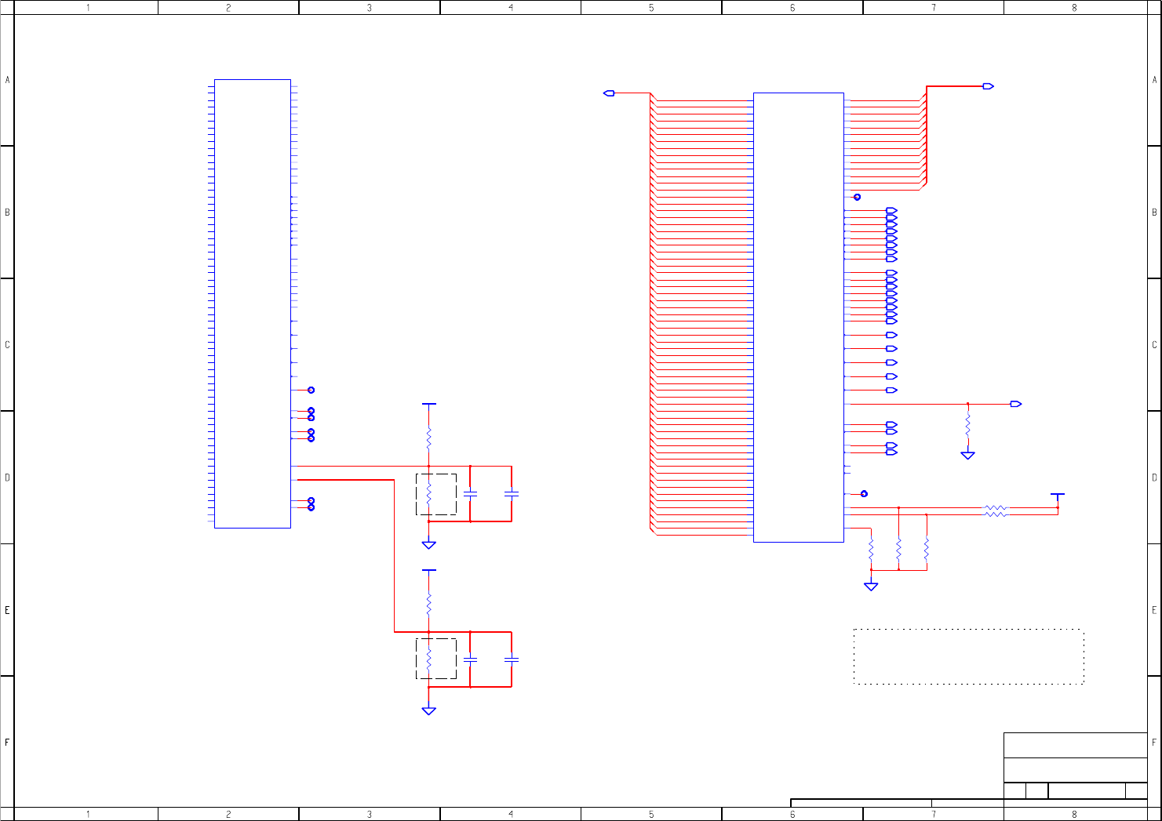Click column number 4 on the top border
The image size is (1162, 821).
coord(511,8)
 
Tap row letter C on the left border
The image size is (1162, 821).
coord(7,345)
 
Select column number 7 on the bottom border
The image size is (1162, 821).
coord(933,814)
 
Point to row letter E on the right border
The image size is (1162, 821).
coord(1154,610)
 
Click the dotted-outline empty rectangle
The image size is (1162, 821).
coord(968,656)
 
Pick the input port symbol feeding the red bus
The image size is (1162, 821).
coord(609,93)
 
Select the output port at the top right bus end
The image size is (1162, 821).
coord(988,86)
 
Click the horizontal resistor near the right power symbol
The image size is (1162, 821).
coord(996,510)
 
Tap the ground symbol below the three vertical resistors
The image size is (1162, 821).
coord(871,586)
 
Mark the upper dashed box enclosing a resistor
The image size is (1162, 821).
coord(436,494)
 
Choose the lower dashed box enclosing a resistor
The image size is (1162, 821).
coord(436,659)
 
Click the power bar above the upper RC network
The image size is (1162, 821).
coord(428,405)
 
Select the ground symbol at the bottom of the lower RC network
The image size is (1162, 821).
coord(428,710)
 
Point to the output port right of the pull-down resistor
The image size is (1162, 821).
coord(1015,404)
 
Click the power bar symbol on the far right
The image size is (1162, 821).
coord(1058,495)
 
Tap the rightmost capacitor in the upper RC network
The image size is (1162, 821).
coord(511,494)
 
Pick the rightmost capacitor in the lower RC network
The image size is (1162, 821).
coord(511,659)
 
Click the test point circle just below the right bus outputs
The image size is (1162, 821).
coord(857,197)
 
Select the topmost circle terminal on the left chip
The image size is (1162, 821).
coord(311,390)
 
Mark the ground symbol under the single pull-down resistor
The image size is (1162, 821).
coord(967,455)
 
